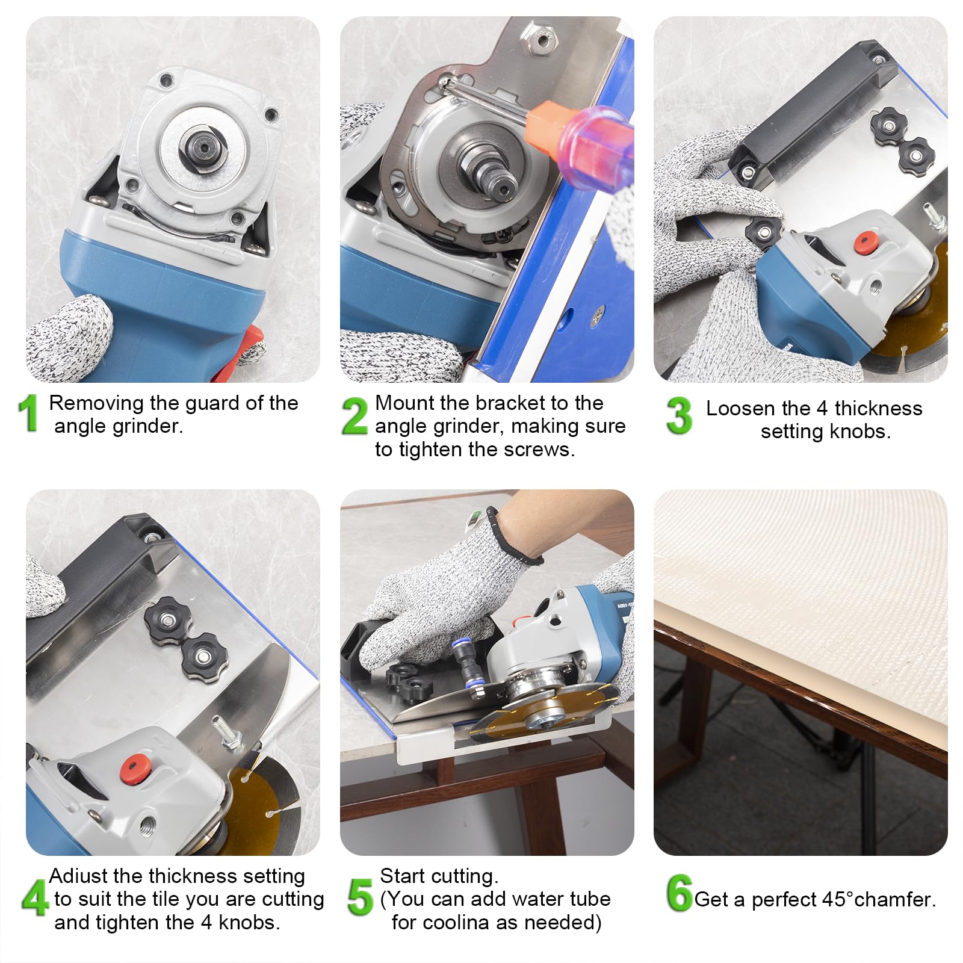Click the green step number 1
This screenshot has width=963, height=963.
(x=28, y=413)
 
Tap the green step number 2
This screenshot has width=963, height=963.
(x=355, y=415)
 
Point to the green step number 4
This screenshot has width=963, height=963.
(x=35, y=898)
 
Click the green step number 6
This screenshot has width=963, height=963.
(x=680, y=893)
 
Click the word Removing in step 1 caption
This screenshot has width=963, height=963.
(x=96, y=404)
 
